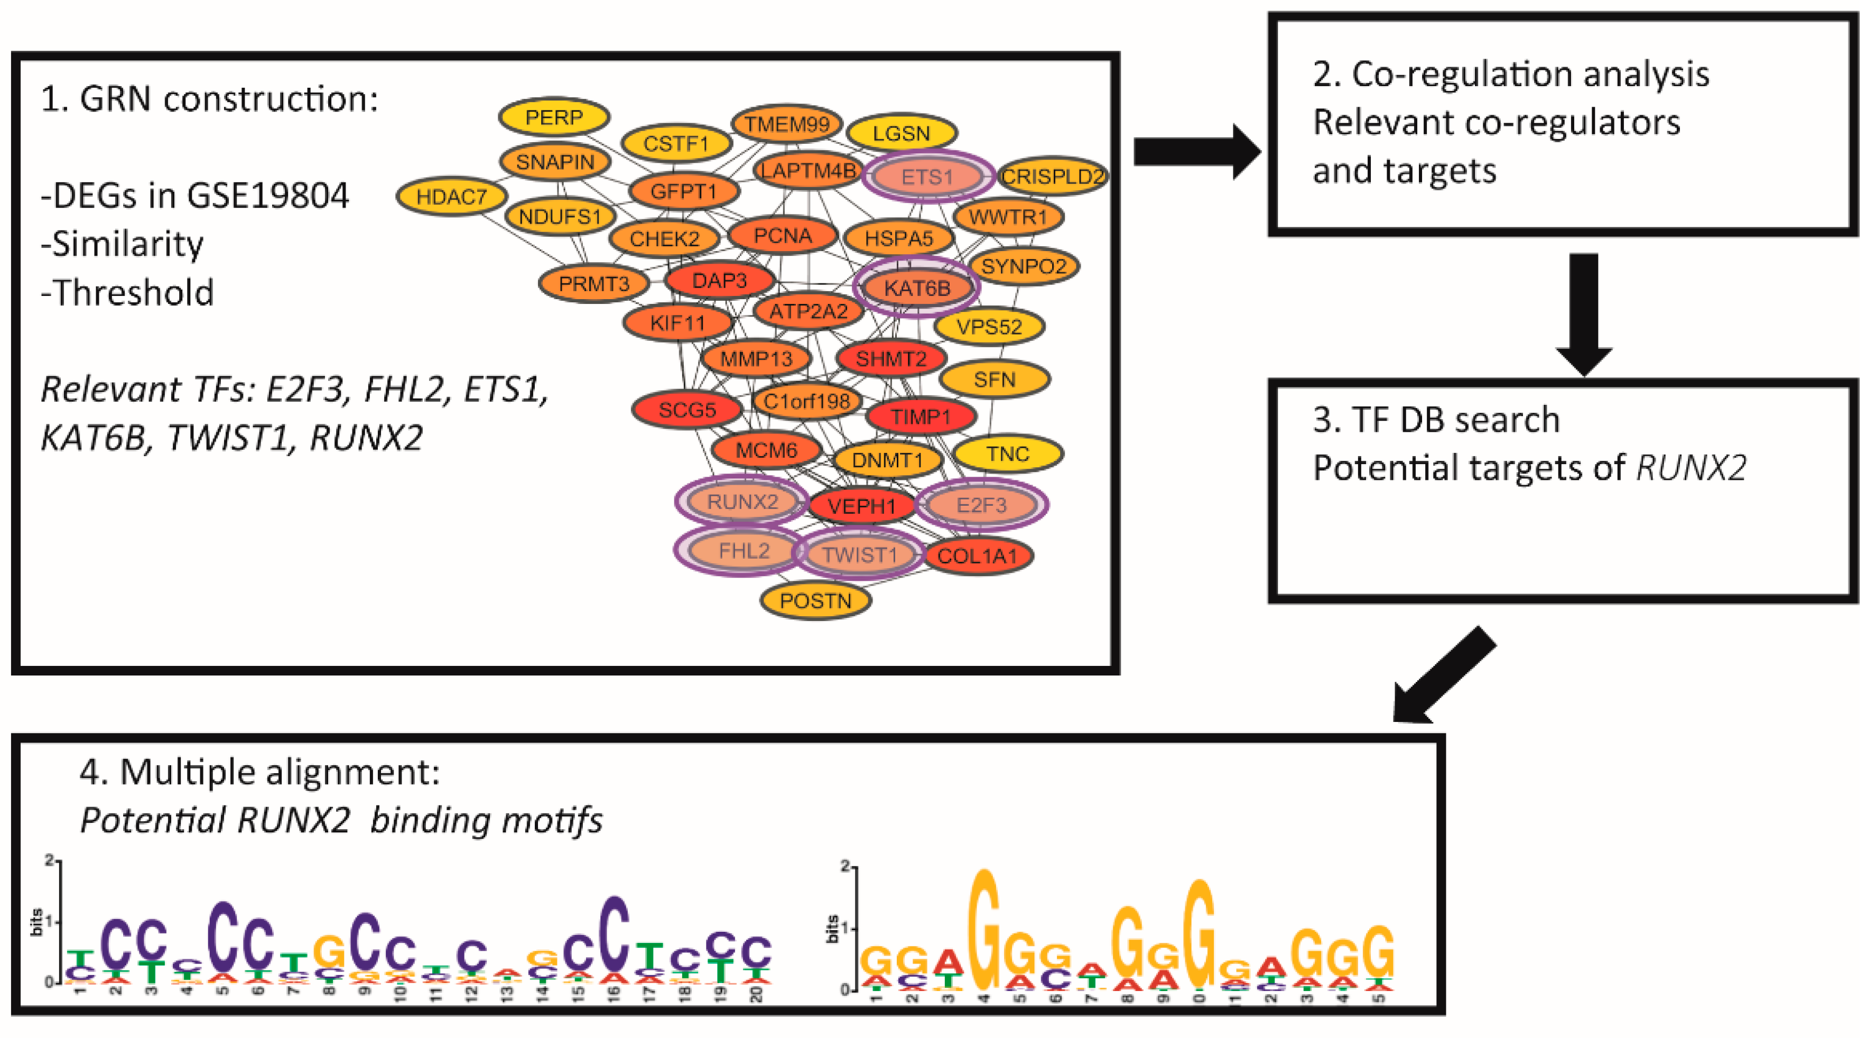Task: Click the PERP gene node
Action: click(554, 117)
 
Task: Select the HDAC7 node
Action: click(451, 197)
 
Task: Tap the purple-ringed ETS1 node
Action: click(926, 177)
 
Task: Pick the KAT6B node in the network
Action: click(917, 288)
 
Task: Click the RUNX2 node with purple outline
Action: click(742, 502)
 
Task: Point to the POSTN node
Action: click(815, 601)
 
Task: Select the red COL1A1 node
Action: click(977, 557)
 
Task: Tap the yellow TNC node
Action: click(1008, 454)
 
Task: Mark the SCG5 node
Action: click(687, 410)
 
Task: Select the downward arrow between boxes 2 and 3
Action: click(1583, 313)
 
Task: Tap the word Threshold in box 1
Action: click(134, 293)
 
